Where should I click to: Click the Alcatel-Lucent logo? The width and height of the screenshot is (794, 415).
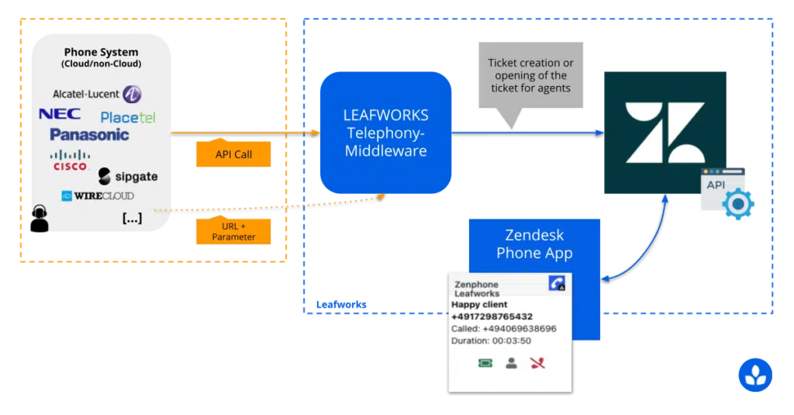(97, 94)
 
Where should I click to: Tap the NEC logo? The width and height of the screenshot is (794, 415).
(60, 113)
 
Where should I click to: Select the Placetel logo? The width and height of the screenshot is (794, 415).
(128, 118)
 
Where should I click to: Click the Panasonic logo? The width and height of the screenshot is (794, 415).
(89, 134)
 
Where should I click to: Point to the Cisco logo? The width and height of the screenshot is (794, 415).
(70, 161)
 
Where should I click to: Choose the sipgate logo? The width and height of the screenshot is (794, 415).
(128, 176)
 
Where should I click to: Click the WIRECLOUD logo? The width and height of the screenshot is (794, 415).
(98, 195)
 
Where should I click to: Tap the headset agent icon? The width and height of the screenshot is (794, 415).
(40, 219)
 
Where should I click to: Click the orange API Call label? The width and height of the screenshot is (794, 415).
(233, 154)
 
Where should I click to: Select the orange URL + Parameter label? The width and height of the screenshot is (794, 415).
(233, 230)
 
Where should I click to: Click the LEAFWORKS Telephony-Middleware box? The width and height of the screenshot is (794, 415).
(386, 133)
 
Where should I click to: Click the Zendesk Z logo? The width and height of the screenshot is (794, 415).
(665, 132)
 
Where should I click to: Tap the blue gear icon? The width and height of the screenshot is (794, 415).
(738, 204)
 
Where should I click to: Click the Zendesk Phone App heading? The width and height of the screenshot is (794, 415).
(534, 244)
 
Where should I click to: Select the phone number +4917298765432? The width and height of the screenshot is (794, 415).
(492, 316)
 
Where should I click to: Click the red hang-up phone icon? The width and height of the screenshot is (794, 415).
(538, 363)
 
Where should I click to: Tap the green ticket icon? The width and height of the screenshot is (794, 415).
(485, 363)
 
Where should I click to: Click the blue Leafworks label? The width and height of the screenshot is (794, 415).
(341, 305)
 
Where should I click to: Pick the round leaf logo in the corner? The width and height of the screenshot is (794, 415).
(755, 375)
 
